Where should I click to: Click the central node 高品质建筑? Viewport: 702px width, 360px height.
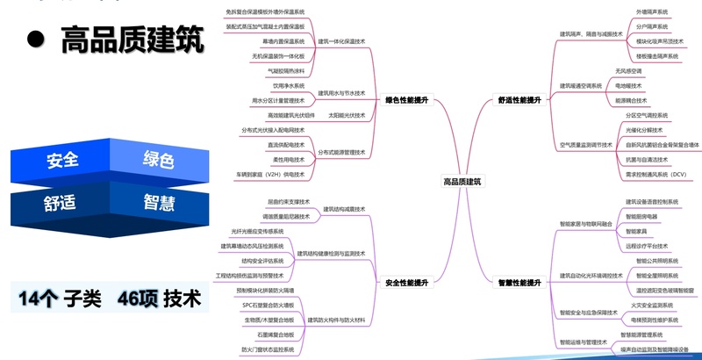[x=462, y=182]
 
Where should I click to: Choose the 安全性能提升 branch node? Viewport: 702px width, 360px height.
[x=406, y=283]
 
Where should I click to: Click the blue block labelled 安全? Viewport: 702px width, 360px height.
[x=61, y=161]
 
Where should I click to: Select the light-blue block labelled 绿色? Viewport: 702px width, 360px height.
[x=158, y=161]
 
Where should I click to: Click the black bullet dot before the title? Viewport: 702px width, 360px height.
[x=35, y=40]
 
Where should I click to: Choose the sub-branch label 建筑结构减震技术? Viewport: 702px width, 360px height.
[x=343, y=209]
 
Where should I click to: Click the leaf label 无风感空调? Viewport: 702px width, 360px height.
[x=628, y=71]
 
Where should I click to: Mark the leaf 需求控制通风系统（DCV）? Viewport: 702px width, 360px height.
[x=655, y=175]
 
